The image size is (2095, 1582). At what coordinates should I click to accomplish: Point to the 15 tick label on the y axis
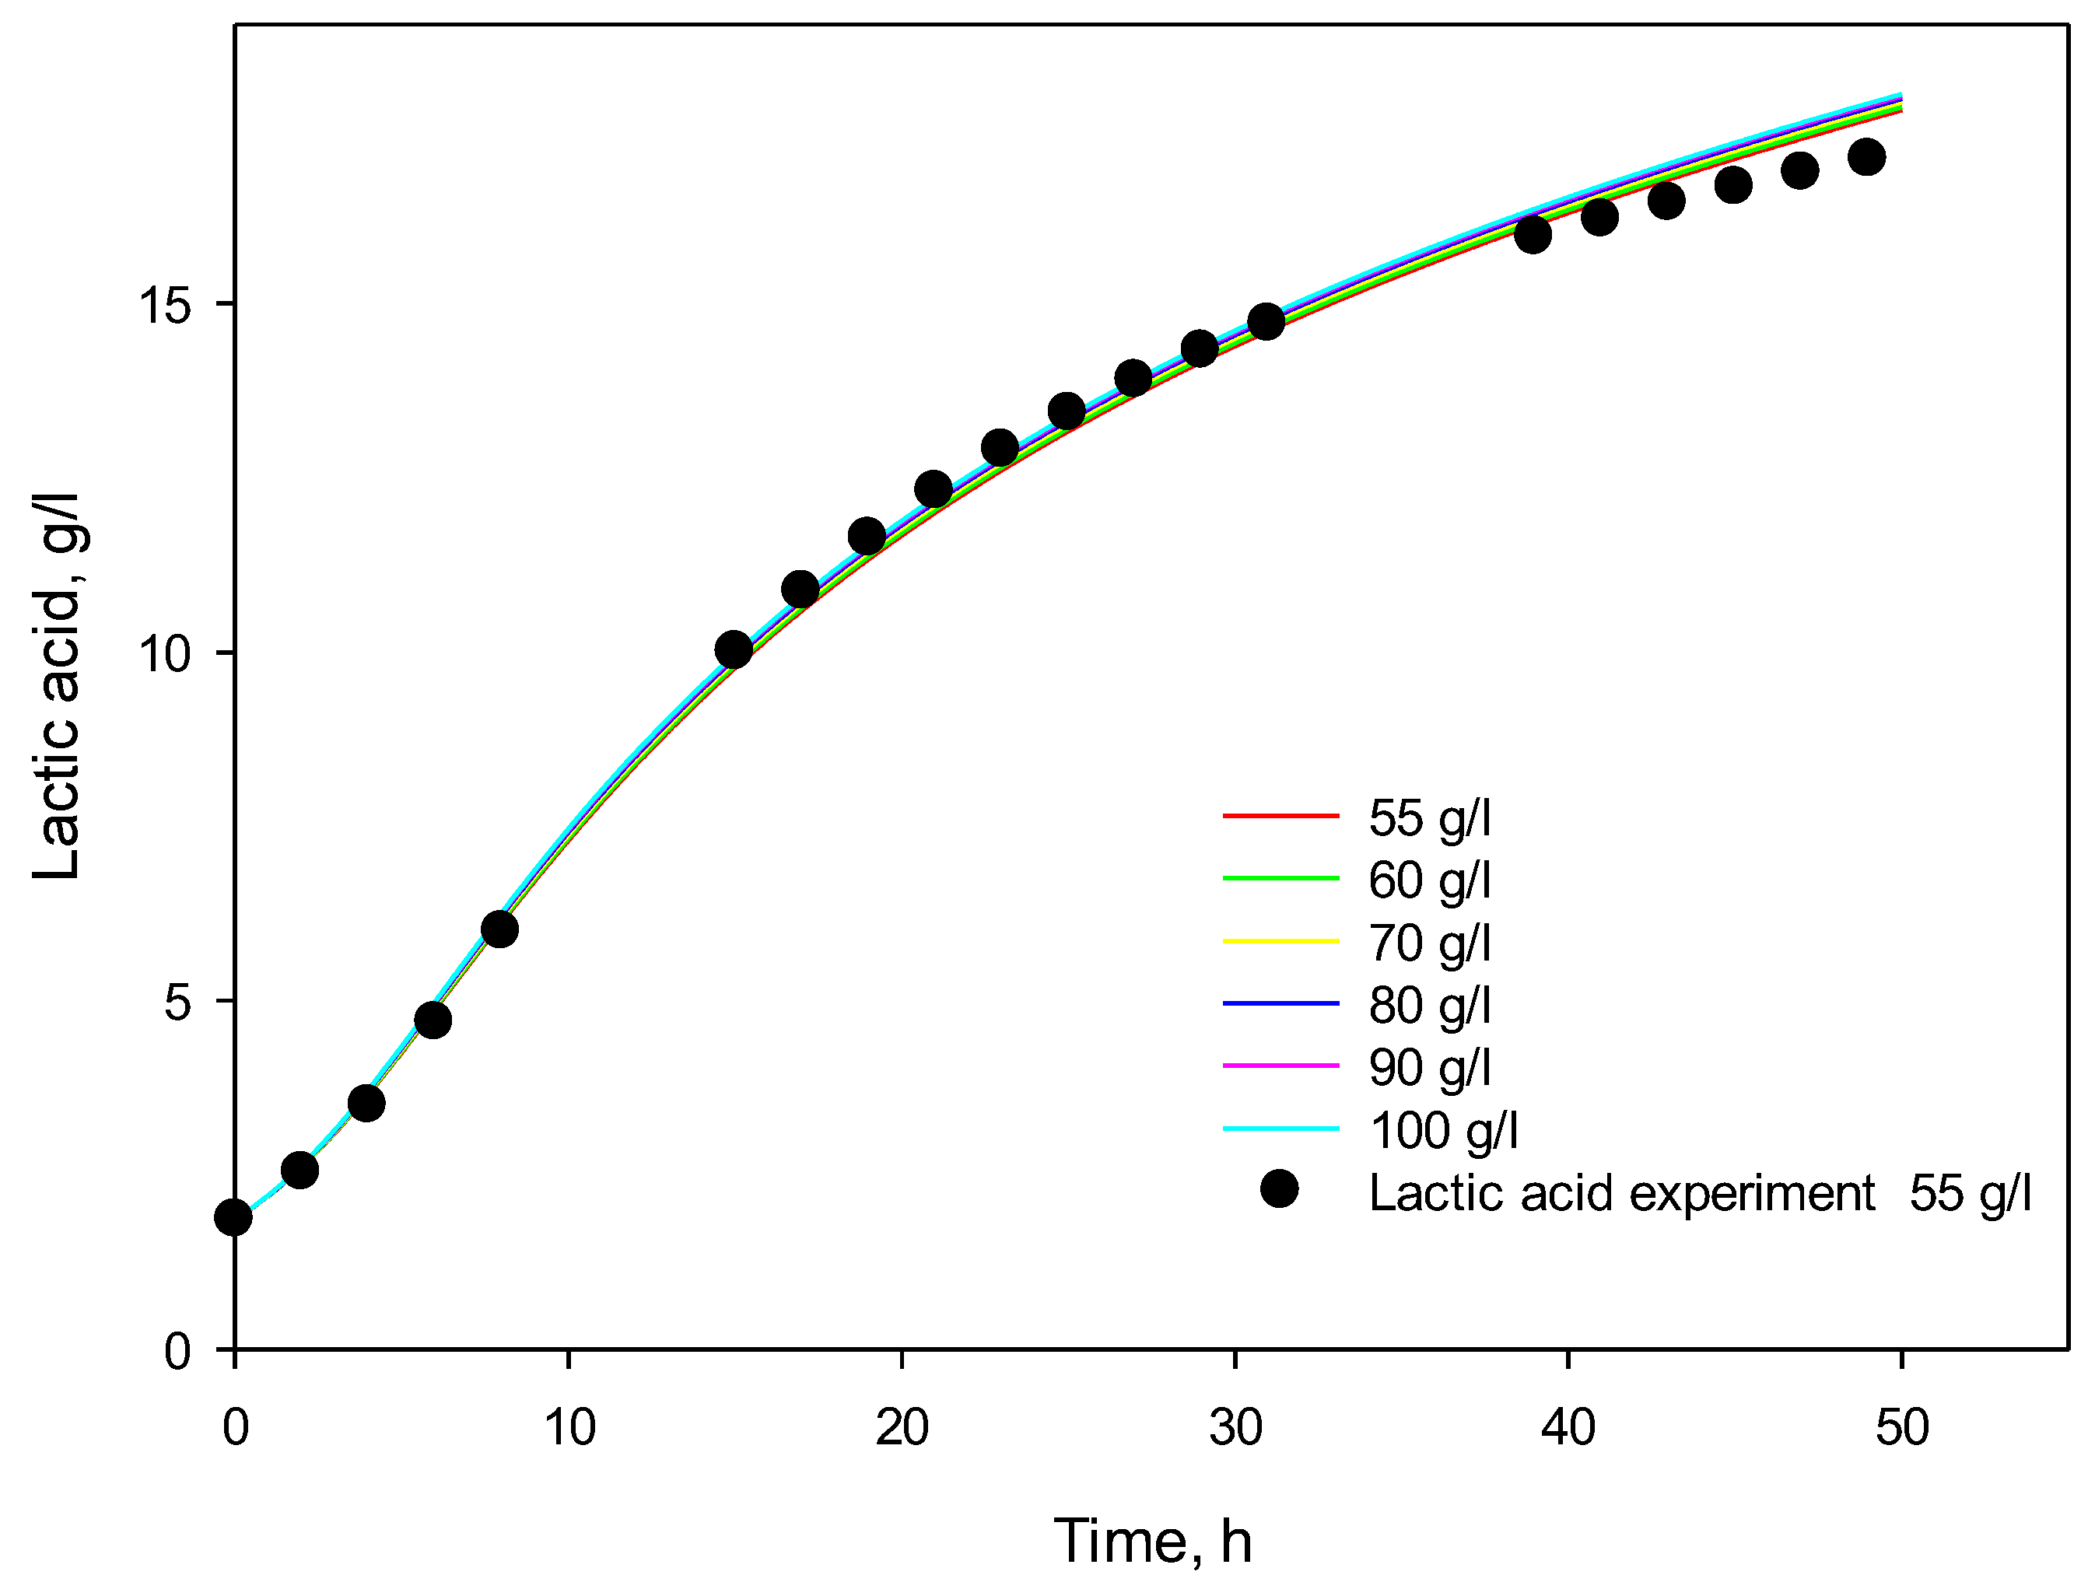pos(165,305)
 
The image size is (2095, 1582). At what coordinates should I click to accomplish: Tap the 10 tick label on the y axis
pos(165,653)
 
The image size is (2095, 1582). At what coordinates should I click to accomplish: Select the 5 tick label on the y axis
pos(178,1002)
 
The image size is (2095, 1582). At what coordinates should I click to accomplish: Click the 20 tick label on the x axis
pos(902,1426)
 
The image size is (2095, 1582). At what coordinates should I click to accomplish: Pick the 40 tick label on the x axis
pos(1568,1426)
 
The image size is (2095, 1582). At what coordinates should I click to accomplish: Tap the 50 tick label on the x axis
pos(1902,1426)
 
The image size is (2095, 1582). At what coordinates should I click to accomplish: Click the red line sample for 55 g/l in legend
pos(1280,815)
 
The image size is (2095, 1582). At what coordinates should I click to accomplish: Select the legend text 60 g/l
pos(1429,880)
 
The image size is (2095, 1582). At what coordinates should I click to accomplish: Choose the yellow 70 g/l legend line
pos(1280,941)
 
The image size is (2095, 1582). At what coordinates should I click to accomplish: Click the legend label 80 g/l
pos(1429,1004)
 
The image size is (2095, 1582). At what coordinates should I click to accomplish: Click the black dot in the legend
pos(1280,1189)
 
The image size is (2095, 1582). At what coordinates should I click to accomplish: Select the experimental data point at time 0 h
pos(234,1217)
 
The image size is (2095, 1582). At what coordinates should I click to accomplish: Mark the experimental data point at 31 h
pos(1266,322)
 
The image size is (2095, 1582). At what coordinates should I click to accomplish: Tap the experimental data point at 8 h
pos(500,929)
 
